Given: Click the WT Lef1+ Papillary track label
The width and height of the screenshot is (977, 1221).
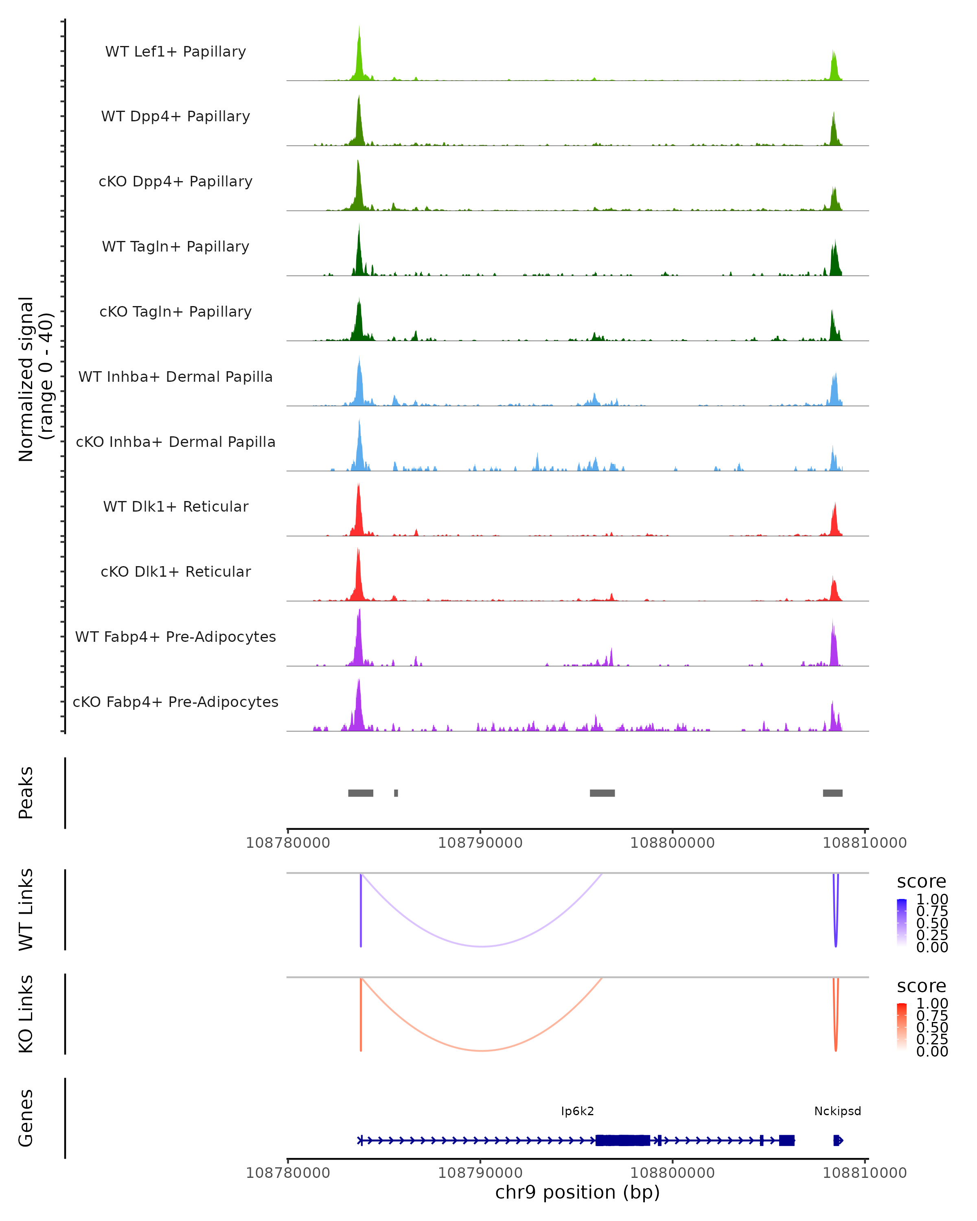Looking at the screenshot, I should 175,52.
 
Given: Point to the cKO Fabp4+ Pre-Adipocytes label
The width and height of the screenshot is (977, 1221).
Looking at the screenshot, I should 175,702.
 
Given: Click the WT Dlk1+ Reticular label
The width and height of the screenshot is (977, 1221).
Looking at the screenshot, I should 175,506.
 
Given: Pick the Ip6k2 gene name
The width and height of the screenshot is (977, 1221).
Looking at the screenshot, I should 577,1111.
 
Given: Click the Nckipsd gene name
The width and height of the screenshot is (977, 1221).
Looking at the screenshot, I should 837,1111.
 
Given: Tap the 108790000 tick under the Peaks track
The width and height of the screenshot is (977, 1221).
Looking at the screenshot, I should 480,843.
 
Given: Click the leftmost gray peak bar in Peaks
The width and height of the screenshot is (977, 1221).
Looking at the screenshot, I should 360,793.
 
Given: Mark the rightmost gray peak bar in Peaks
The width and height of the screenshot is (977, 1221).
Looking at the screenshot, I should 832,793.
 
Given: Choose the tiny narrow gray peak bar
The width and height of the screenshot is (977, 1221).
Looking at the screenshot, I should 396,793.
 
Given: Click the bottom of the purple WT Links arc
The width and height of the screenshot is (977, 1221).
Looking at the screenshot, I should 482,946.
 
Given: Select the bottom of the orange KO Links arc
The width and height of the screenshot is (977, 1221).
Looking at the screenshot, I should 482,1050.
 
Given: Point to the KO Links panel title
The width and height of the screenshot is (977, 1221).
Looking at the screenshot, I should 26,1014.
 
